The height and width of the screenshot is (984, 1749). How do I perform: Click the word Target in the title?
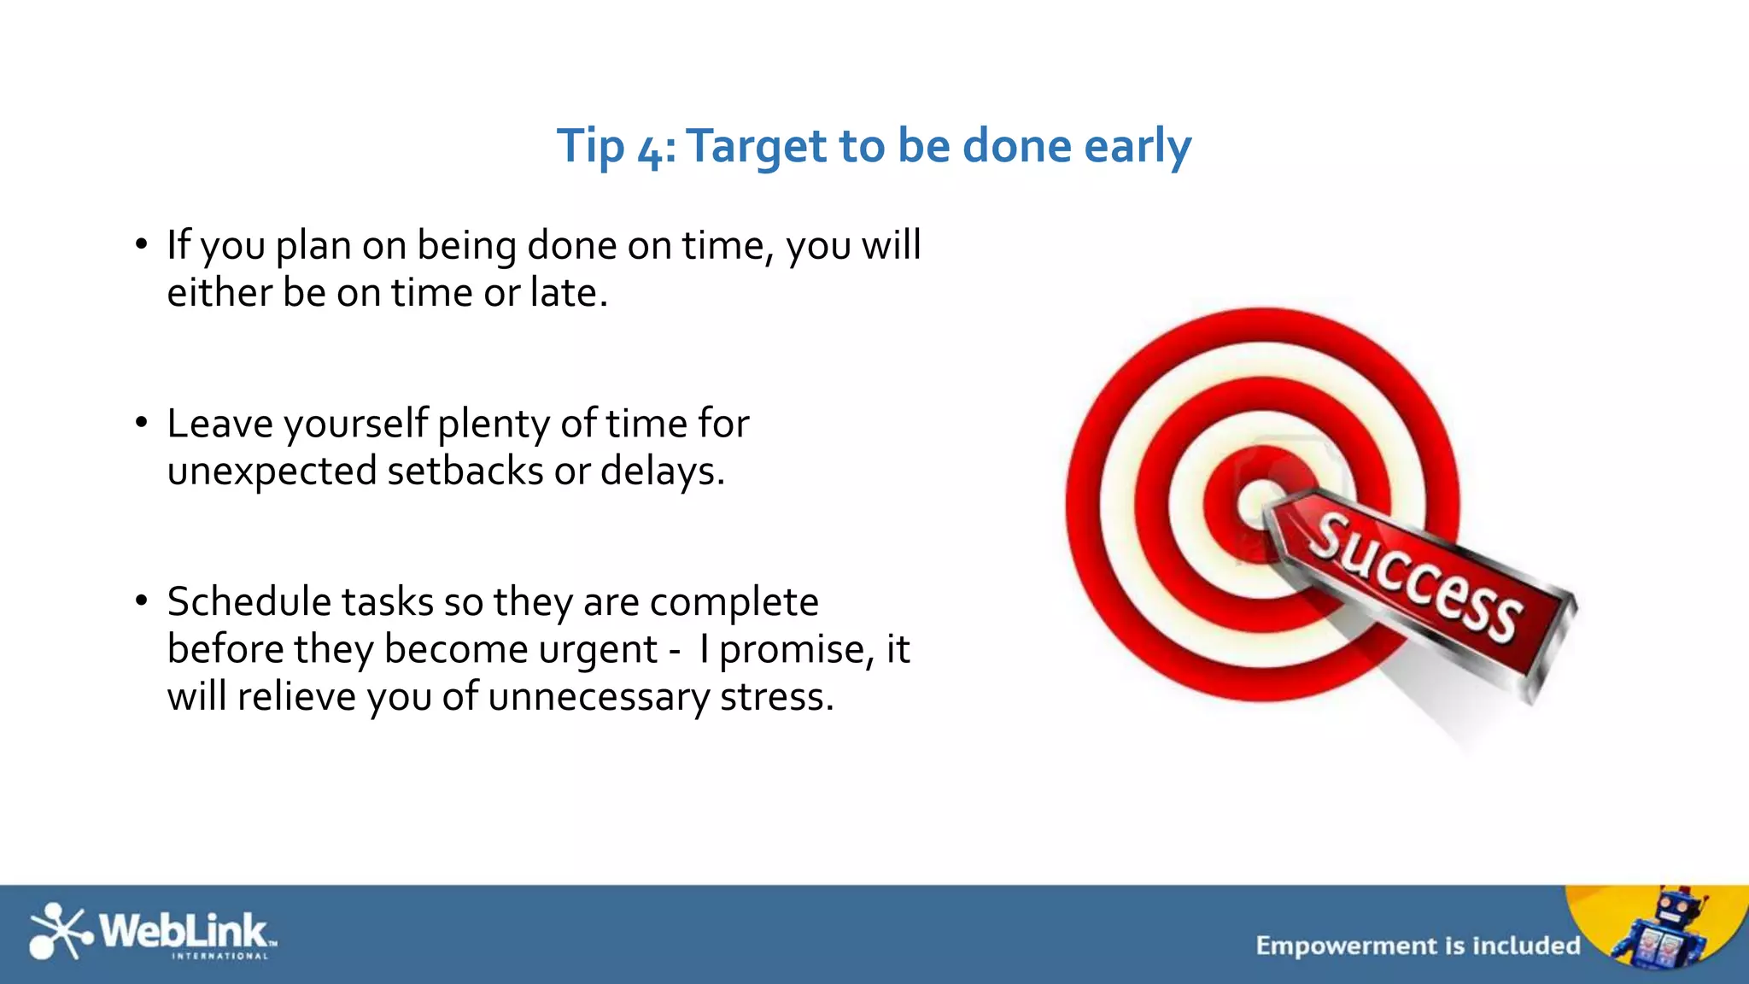(x=756, y=147)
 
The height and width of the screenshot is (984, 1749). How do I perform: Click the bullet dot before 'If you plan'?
(x=142, y=244)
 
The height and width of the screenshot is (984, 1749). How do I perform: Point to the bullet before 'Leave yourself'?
(x=142, y=422)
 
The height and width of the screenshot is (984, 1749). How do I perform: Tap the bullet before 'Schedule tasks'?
(x=142, y=600)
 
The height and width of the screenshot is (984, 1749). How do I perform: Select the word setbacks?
(x=465, y=471)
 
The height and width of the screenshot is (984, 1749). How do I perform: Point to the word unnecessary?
(x=598, y=698)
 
